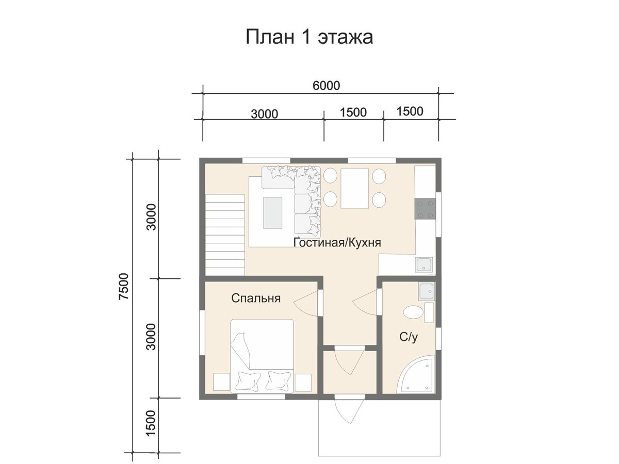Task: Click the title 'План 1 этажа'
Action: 309,37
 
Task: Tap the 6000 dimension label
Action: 327,86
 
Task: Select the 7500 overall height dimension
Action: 124,286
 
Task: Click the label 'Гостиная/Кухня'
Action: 337,242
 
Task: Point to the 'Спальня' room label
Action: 256,298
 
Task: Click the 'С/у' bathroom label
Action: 409,337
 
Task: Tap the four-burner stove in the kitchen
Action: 425,209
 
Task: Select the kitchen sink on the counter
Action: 424,265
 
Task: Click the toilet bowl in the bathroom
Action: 413,312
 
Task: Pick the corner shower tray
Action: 417,375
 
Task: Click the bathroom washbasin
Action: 427,291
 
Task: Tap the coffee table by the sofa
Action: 273,213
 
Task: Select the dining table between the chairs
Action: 354,189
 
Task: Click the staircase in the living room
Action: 225,235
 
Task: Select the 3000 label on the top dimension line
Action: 264,114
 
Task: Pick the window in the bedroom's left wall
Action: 202,333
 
